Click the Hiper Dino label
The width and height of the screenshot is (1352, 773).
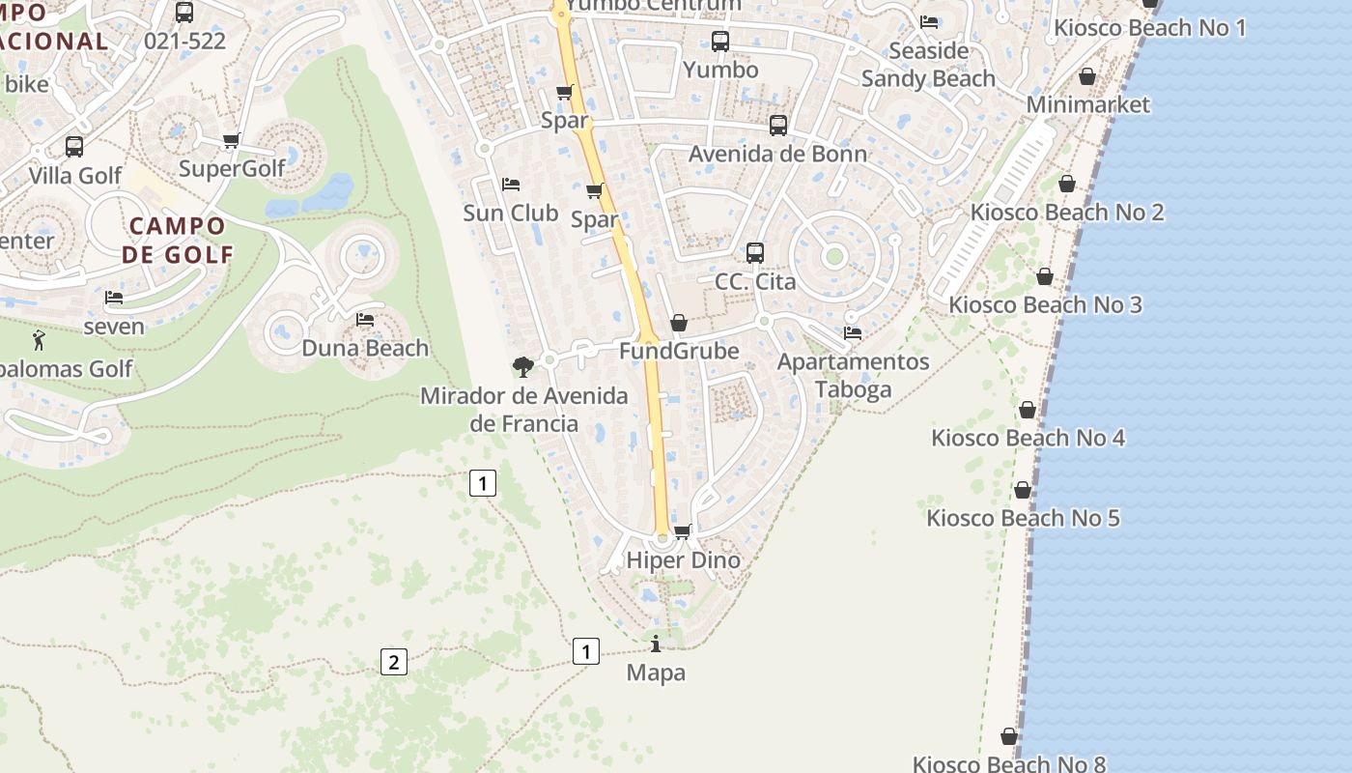tap(683, 560)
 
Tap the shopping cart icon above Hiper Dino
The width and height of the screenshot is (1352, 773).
tap(683, 531)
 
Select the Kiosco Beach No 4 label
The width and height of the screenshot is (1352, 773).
tap(1028, 438)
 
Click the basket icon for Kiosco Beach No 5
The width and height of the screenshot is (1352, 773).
tap(1023, 491)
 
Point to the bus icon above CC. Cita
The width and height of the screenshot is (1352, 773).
tap(755, 253)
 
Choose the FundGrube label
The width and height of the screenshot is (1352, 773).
tap(678, 351)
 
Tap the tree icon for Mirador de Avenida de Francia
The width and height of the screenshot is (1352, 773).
tap(523, 367)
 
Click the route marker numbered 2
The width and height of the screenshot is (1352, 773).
tap(393, 662)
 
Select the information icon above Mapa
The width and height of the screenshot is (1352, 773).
tap(656, 644)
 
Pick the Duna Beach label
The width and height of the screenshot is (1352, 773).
tap(365, 348)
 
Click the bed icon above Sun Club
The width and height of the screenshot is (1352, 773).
tap(511, 185)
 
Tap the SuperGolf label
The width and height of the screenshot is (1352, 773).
tap(233, 169)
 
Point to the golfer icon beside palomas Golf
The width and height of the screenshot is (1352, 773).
tap(39, 340)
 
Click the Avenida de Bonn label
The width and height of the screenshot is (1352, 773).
tap(777, 154)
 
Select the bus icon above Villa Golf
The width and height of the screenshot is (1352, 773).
tap(74, 147)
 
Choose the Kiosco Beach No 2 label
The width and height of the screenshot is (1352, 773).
tap(1067, 213)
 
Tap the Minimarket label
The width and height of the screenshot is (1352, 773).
tap(1088, 104)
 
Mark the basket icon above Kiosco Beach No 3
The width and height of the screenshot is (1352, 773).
tap(1045, 277)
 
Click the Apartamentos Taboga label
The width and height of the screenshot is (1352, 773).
tap(853, 375)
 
